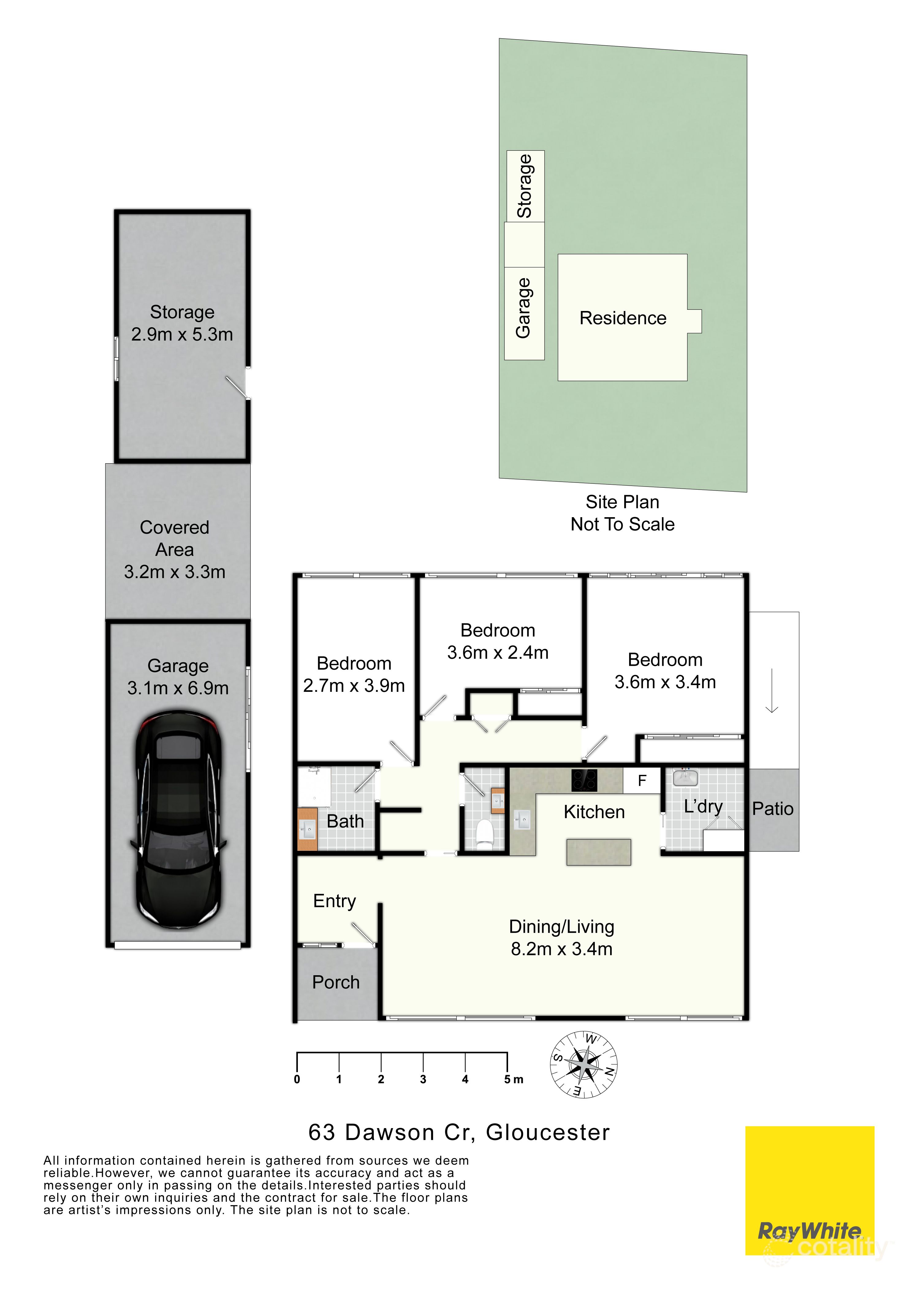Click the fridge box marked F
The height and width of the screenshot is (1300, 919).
pyautogui.click(x=642, y=781)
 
